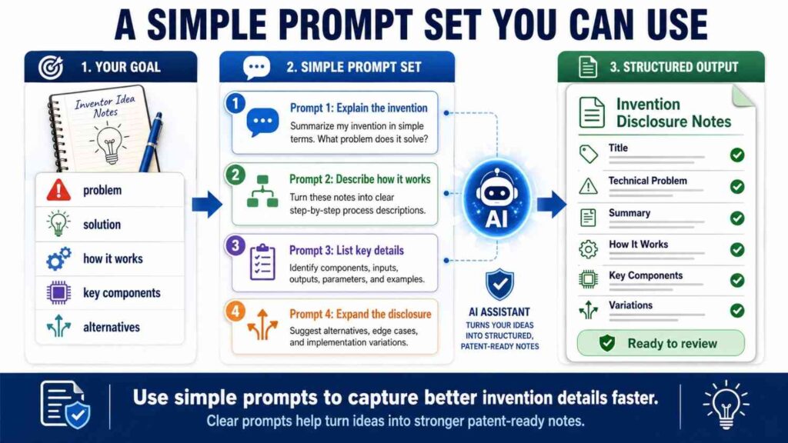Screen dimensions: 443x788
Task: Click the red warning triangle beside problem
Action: [58, 190]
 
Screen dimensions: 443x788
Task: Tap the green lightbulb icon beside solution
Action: [58, 224]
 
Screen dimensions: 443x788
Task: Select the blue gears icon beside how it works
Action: [58, 259]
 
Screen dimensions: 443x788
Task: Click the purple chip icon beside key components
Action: [58, 293]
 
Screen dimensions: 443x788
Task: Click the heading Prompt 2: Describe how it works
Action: [359, 179]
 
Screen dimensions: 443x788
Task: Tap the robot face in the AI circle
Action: [496, 186]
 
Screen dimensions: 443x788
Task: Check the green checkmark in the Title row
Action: [737, 155]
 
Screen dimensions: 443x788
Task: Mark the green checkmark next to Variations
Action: [737, 311]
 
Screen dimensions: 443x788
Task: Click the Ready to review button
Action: [661, 343]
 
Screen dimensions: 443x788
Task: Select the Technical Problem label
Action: [647, 181]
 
